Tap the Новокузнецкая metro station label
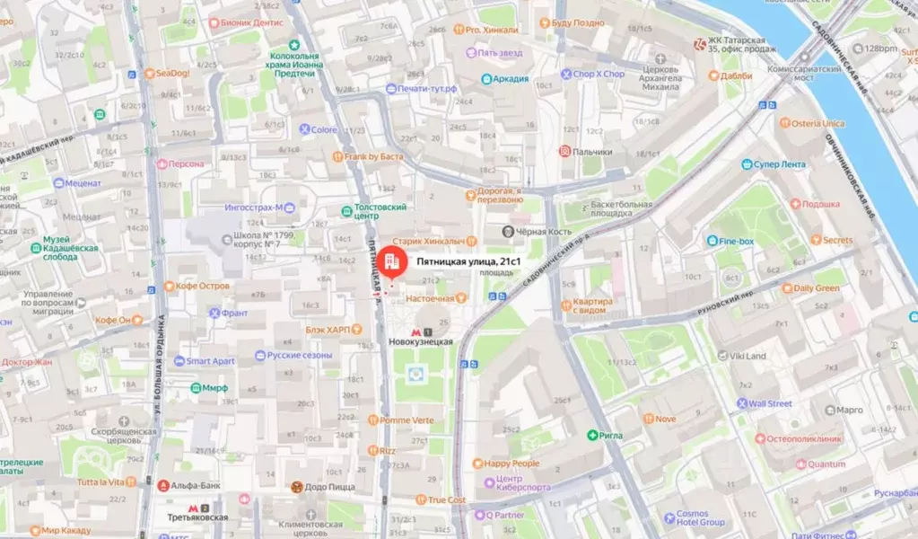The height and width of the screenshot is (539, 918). coord(420,341)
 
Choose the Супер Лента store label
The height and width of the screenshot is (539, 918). coord(779,164)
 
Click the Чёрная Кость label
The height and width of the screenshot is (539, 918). coord(543,232)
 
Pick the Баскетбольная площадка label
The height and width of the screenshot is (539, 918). coord(621,209)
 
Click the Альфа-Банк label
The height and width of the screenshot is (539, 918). coord(197,486)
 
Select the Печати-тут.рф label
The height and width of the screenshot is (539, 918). coord(427,89)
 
